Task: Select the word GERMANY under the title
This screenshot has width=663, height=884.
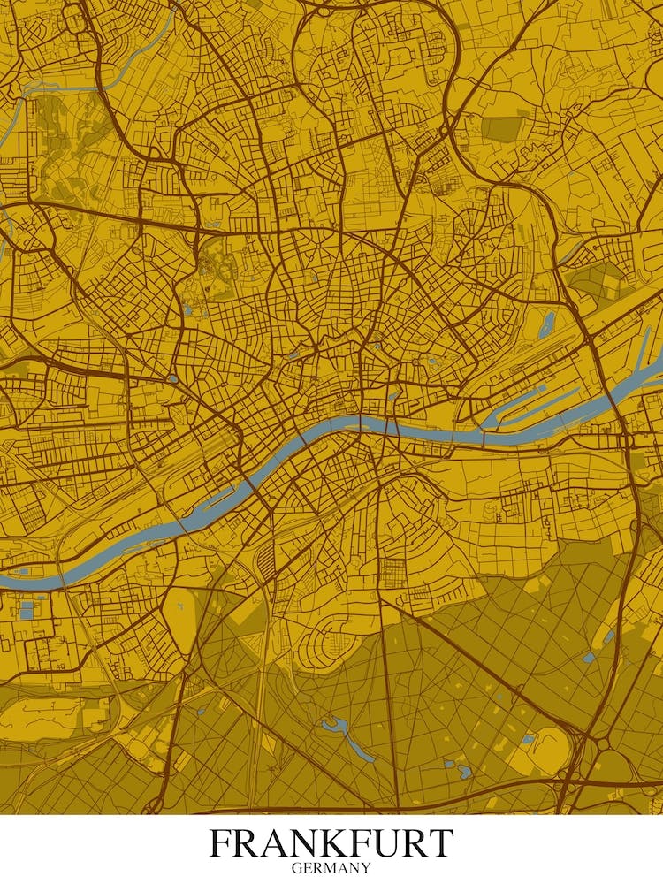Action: coord(331,868)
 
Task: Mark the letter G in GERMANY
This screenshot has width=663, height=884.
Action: coord(297,868)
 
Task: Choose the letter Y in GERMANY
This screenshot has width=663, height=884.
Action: coord(366,868)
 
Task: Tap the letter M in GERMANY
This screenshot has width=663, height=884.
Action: coord(330,868)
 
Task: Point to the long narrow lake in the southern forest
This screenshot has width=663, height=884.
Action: coord(349,738)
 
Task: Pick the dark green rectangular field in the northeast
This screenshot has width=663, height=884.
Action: coord(502,129)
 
